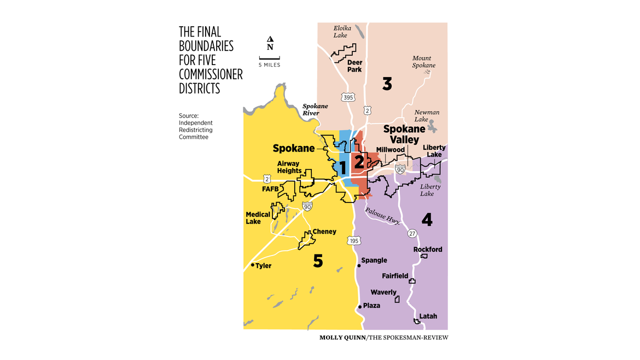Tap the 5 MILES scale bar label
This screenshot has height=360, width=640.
pyautogui.click(x=269, y=65)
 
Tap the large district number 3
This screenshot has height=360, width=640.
pyautogui.click(x=387, y=84)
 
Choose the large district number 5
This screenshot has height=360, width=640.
pyautogui.click(x=318, y=261)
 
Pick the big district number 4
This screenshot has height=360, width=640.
pyautogui.click(x=427, y=220)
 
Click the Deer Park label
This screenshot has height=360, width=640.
pyautogui.click(x=354, y=66)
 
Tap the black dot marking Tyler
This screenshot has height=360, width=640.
pyautogui.click(x=252, y=265)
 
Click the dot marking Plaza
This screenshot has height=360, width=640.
pyautogui.click(x=359, y=306)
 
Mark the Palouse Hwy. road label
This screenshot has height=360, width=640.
pyautogui.click(x=383, y=214)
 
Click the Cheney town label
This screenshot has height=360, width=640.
pyautogui.click(x=324, y=231)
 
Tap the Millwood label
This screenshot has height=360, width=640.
pyautogui.click(x=390, y=150)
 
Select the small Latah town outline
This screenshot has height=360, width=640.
pyautogui.click(x=417, y=322)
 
